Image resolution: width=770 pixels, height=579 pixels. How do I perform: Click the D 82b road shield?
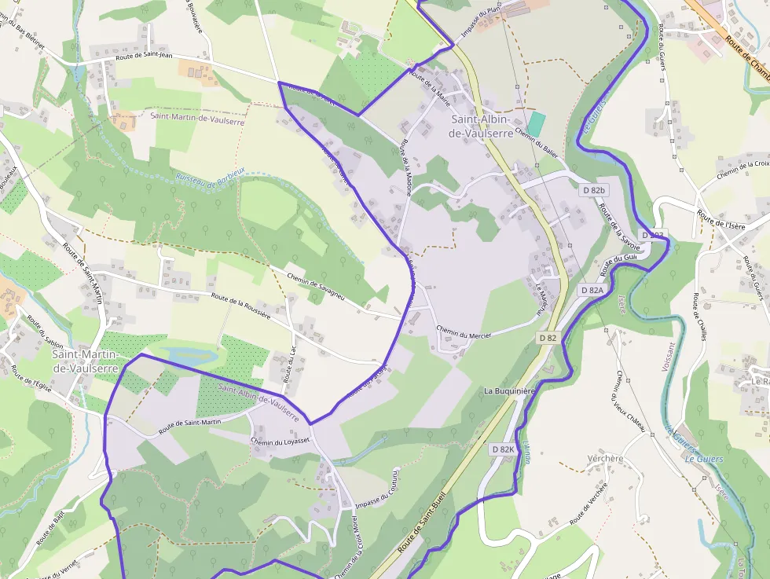click(595, 190)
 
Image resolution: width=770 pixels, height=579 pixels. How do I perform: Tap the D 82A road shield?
click(593, 290)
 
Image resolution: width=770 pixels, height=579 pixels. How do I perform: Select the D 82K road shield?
click(502, 449)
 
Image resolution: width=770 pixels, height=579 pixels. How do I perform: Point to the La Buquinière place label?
click(509, 390)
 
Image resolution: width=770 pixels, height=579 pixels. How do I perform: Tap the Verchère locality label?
click(605, 458)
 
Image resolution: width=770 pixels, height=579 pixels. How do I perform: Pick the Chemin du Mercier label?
click(463, 333)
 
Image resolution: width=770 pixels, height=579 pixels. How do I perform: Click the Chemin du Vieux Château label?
click(631, 401)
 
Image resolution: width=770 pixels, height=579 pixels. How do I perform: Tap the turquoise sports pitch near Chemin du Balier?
click(536, 123)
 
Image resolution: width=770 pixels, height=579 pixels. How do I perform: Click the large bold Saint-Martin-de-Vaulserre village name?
click(85, 361)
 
